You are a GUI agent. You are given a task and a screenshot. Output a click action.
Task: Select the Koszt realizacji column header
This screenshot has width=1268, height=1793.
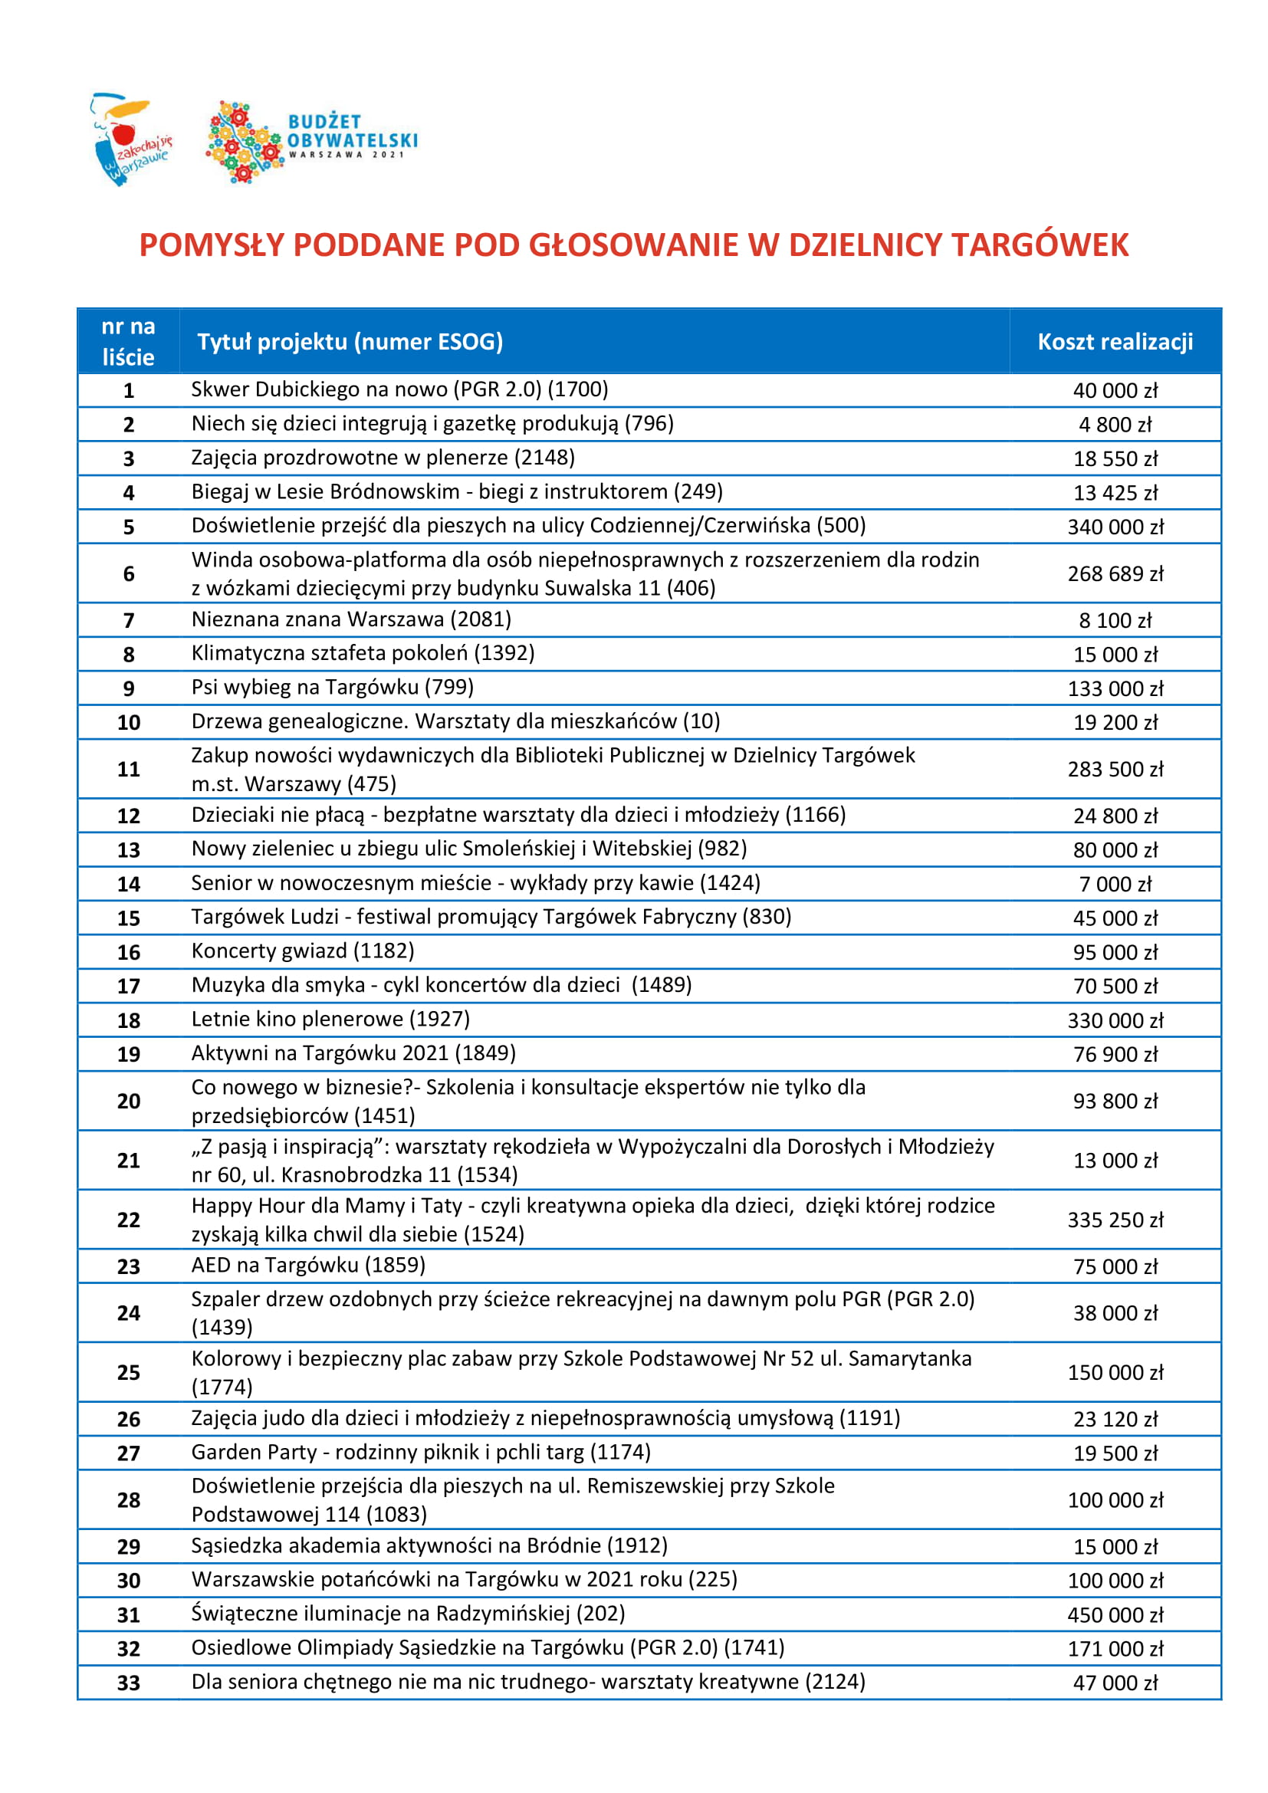[1114, 342]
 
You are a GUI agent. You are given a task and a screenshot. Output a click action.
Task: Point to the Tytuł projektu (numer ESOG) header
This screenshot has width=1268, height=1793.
[350, 342]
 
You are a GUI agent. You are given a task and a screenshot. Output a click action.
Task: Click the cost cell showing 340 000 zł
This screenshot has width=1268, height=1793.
[1115, 527]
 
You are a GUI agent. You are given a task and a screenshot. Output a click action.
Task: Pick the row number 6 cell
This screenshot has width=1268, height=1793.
[129, 574]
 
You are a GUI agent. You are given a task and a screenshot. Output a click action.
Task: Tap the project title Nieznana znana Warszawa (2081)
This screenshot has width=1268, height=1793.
[351, 620]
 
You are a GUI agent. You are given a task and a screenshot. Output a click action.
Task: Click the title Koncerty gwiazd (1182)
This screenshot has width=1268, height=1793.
[303, 951]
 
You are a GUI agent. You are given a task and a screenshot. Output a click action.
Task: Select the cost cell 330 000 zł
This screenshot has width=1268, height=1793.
[1115, 1020]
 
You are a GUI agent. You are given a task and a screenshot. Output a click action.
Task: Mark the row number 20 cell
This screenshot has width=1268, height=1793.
[129, 1101]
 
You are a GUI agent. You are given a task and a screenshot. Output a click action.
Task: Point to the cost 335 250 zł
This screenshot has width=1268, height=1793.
[1115, 1220]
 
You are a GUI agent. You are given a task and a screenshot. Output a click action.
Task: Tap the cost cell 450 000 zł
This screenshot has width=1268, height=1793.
[1115, 1615]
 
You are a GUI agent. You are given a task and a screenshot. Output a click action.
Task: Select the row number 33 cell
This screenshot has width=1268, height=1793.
[129, 1683]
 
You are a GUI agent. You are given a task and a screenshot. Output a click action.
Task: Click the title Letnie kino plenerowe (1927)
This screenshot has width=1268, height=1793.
[330, 1019]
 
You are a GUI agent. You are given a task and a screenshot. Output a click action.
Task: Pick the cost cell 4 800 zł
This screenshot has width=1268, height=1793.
[1115, 425]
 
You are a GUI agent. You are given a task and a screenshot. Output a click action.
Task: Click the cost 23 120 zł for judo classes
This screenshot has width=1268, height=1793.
[1115, 1419]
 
